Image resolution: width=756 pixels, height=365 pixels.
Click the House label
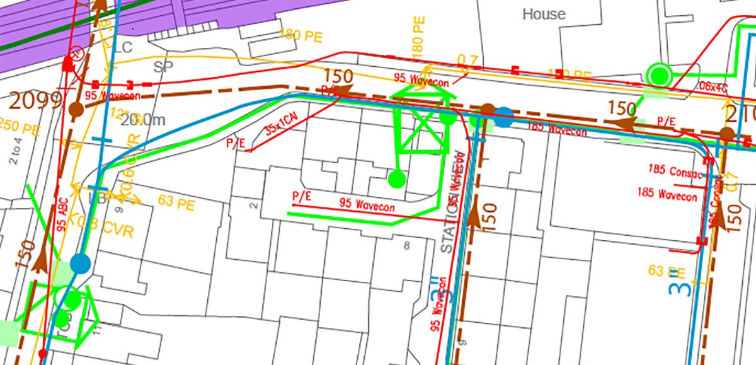[x=544, y=14]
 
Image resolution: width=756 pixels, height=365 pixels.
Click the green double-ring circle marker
[x=660, y=75]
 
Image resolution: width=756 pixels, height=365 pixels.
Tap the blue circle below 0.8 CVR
[x=80, y=263]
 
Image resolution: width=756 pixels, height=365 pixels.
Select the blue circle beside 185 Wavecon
[x=503, y=117]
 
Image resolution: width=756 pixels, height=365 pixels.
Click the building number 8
[x=407, y=245]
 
